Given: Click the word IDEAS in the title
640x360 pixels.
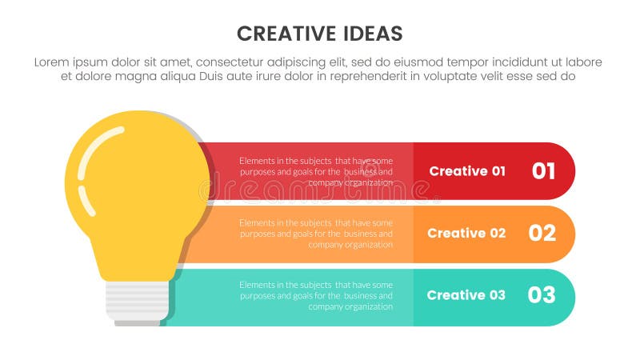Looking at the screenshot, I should tap(374, 34).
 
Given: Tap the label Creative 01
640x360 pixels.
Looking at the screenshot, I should tap(467, 171).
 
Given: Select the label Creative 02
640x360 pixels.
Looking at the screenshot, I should tap(466, 234).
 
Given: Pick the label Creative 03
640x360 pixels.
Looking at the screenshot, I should tap(466, 295).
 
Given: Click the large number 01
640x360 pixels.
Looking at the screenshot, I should tap(543, 171).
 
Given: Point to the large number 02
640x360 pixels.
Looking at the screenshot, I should tap(542, 234).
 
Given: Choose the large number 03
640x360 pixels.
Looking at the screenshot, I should tap(542, 295).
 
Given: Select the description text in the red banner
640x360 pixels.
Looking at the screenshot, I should tap(316, 171).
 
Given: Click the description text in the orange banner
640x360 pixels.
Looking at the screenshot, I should tap(316, 234).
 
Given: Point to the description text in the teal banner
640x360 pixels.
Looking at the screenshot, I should tap(316, 295).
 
